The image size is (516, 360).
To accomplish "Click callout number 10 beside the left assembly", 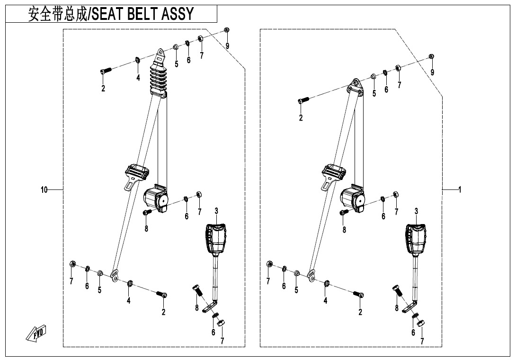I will (44, 190).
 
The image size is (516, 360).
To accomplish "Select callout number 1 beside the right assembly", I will (459, 190).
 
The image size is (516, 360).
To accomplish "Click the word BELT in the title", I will (142, 15).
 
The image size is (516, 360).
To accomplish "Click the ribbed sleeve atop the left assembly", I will (159, 78).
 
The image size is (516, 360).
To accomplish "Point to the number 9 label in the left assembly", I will (227, 45).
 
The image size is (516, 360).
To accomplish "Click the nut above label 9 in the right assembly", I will (431, 57).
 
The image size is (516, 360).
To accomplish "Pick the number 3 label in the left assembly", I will (216, 210).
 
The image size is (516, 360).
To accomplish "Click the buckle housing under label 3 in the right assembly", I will (416, 239).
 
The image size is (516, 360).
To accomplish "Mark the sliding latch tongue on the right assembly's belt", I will (335, 173).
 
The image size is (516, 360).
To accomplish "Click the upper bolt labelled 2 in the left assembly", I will (106, 71).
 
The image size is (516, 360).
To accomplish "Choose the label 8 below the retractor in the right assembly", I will (344, 230).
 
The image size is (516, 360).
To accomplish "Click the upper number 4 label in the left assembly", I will (138, 78).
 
